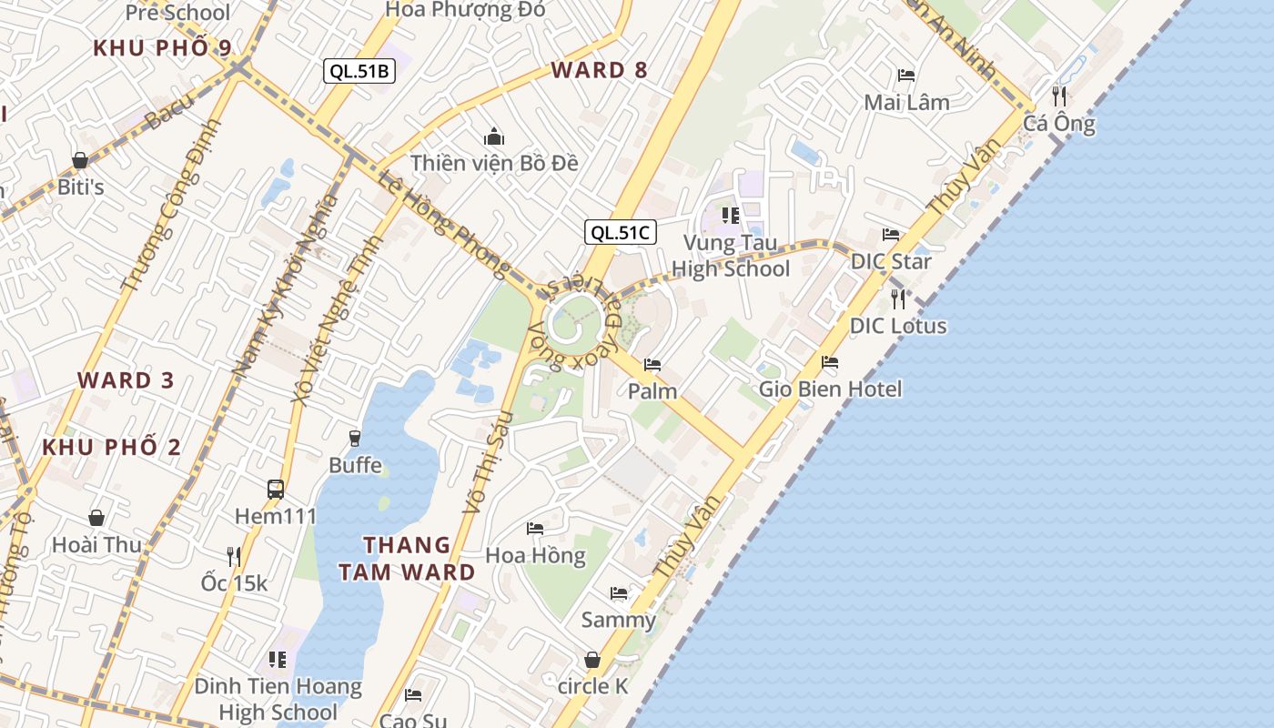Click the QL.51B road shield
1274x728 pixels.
pos(359,71)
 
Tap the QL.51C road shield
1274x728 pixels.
pos(620,232)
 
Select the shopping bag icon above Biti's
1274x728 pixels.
pos(80,161)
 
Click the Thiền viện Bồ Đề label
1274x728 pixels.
pos(494,163)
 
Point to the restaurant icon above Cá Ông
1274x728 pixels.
pos(1058,96)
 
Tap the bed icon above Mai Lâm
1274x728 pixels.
pos(906,76)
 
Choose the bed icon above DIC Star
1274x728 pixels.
pos(890,235)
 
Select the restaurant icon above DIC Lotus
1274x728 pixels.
pos(898,298)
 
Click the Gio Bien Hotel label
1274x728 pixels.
pos(831,389)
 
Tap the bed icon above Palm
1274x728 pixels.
pos(652,365)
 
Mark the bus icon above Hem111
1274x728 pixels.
pos(276,490)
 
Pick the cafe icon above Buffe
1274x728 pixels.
pos(355,439)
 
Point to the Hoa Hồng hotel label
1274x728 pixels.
pos(535,555)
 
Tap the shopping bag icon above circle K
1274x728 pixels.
pos(592,660)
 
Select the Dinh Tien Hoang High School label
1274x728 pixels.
pos(278,699)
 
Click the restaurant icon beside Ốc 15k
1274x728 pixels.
pos(234,556)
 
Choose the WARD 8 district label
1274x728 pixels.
pos(600,70)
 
